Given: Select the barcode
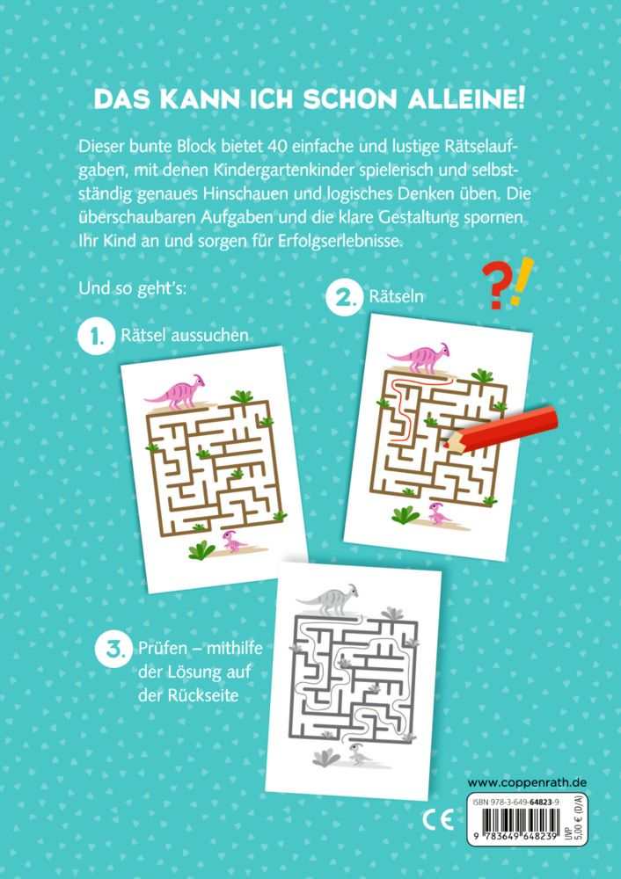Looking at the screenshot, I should pos(516,833).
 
